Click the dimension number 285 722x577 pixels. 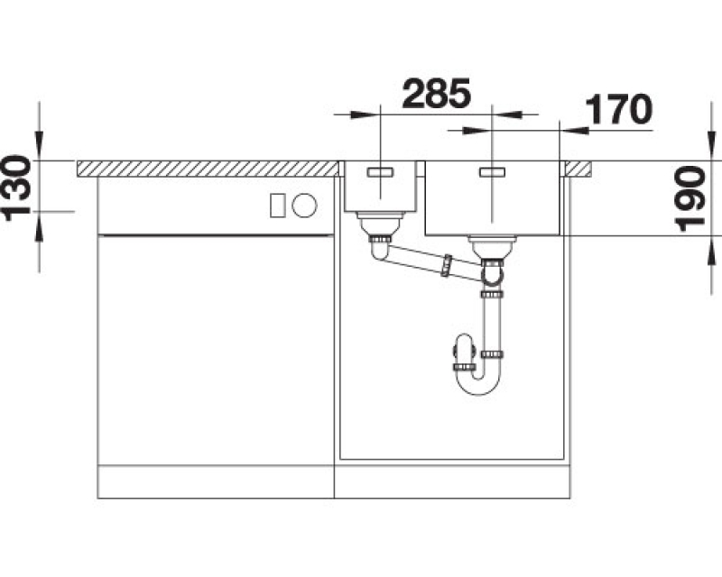(437, 94)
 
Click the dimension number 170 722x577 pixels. (618, 109)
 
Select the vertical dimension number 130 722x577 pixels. (16, 188)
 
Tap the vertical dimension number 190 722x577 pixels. (690, 198)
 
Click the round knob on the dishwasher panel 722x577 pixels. (304, 205)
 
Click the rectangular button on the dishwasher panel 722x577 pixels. (278, 205)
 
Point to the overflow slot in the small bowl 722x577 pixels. (380, 172)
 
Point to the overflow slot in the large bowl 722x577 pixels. (492, 172)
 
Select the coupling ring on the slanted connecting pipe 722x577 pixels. (446, 265)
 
